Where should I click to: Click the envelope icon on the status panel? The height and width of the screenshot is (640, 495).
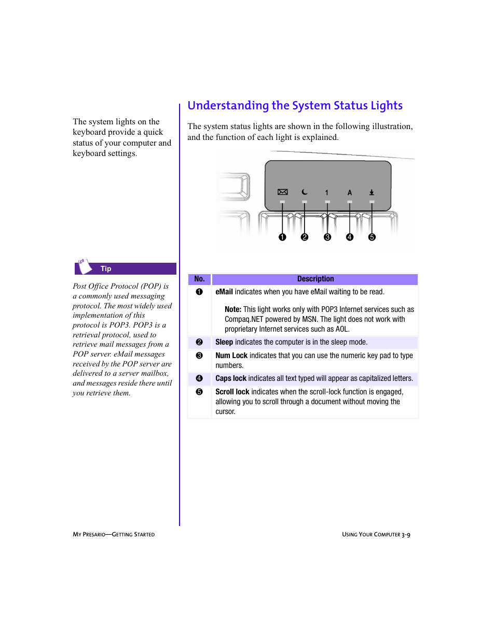click(283, 192)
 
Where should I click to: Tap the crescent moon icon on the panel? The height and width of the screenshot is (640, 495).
click(305, 192)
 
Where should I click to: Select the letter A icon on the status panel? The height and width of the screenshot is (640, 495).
click(350, 193)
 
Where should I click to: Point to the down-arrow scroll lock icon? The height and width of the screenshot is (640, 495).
click(372, 192)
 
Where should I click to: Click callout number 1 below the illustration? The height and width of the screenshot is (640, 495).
click(282, 237)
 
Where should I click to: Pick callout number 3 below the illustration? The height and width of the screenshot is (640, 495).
click(327, 237)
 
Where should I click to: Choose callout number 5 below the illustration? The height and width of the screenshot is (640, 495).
click(372, 237)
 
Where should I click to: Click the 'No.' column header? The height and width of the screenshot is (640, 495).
click(199, 279)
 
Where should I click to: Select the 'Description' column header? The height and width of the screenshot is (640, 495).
click(315, 279)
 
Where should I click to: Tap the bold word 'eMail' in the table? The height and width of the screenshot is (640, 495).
click(224, 292)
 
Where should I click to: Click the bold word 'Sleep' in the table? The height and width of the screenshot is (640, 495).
click(224, 343)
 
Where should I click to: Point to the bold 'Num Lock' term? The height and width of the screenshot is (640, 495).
click(231, 356)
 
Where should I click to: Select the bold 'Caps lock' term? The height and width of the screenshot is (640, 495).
click(231, 379)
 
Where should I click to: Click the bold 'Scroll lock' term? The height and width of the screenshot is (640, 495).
click(232, 392)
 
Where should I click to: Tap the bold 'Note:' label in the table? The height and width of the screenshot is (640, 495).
click(233, 310)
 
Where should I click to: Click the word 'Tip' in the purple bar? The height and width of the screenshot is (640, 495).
click(106, 269)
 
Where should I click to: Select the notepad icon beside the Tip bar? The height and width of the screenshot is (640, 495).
click(84, 266)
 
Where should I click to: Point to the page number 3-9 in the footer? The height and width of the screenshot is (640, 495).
click(406, 535)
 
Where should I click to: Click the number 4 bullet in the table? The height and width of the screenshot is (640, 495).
click(199, 379)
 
